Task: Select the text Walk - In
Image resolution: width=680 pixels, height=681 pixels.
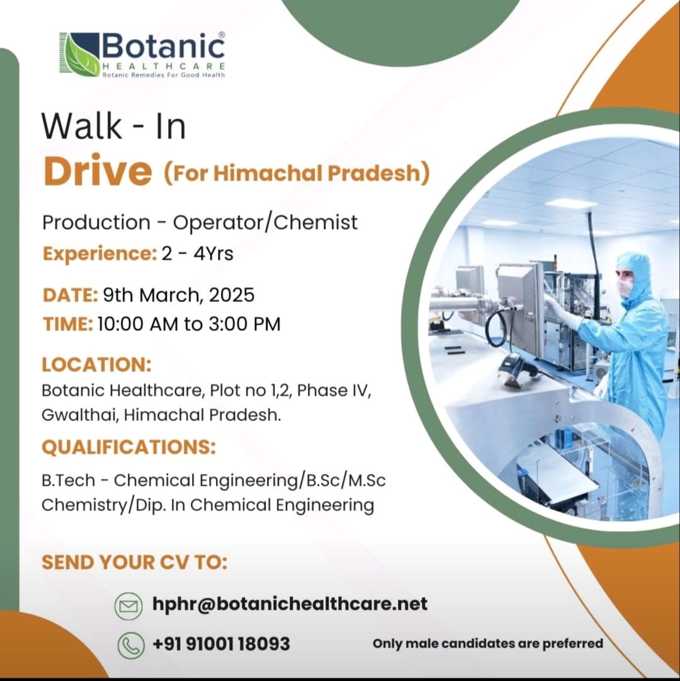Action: click(114, 126)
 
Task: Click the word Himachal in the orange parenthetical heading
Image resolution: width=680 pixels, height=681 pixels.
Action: click(268, 173)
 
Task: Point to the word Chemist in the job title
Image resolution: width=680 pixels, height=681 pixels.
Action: click(316, 222)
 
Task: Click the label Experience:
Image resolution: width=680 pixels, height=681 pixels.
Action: click(99, 254)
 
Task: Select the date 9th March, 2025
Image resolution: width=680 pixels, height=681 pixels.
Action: click(179, 295)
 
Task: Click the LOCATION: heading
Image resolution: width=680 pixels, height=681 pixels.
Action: click(96, 364)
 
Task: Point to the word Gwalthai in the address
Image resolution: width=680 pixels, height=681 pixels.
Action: click(81, 415)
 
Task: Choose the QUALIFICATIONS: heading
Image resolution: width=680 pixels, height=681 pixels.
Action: click(128, 447)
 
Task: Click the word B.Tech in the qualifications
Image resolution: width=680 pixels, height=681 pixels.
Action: click(68, 480)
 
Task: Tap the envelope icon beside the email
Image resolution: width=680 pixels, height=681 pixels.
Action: click(128, 606)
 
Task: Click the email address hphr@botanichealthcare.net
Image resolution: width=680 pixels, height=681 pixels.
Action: click(290, 604)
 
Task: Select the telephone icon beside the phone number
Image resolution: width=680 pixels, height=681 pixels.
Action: click(131, 645)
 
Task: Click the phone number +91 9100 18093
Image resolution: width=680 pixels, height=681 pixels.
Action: click(221, 644)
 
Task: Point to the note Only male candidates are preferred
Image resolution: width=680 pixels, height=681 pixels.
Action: click(488, 643)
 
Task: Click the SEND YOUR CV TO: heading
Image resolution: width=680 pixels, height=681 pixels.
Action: click(134, 562)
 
